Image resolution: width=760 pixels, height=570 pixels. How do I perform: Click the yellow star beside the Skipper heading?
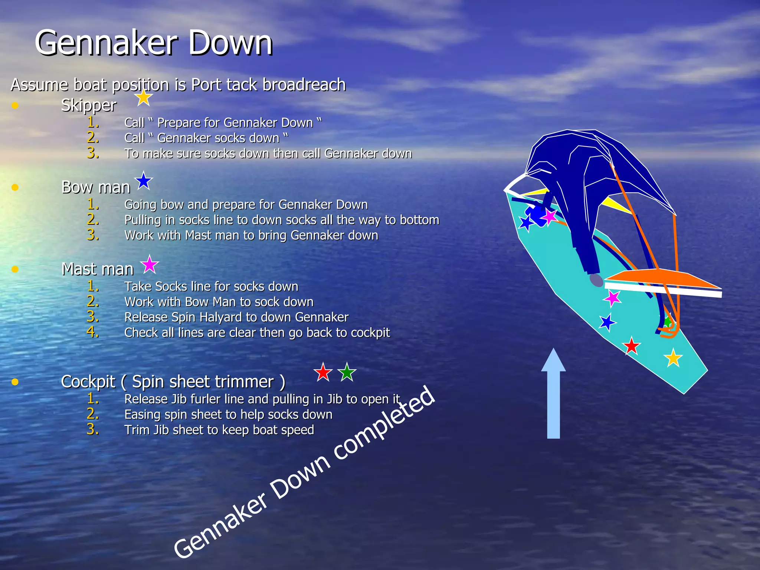[143, 98]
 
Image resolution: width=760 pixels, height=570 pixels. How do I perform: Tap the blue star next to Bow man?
[144, 181]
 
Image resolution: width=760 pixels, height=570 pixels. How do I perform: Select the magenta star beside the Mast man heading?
[150, 265]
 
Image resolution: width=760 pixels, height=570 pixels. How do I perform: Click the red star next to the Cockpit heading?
[322, 372]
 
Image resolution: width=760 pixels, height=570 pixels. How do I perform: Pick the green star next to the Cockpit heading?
[347, 372]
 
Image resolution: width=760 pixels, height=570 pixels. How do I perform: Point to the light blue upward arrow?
[553, 393]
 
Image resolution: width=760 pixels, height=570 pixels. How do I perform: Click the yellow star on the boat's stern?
[673, 358]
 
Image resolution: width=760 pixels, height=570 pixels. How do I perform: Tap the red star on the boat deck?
[631, 346]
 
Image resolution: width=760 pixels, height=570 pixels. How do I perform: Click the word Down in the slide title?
[230, 43]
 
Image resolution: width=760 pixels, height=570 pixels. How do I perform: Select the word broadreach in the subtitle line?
[304, 85]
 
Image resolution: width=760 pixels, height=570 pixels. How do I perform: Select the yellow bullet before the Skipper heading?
[15, 106]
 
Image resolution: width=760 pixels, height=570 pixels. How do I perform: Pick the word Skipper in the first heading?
[89, 105]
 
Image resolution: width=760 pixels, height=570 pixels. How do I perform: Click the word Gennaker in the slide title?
[106, 43]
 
